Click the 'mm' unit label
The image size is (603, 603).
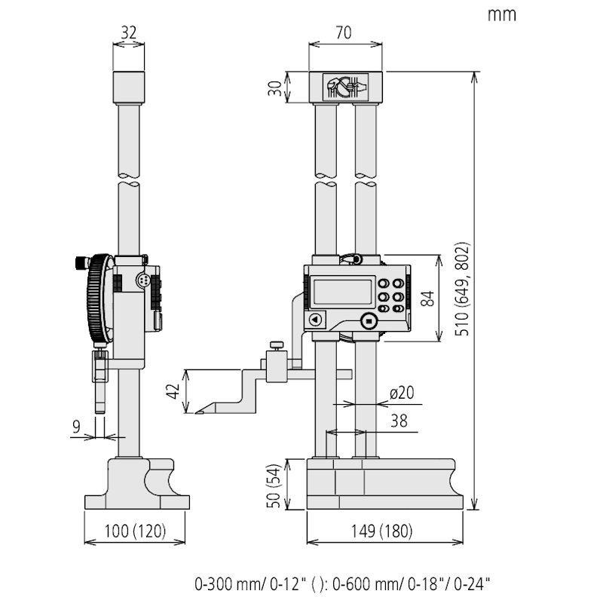point(501,14)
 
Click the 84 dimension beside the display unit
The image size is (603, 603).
point(427,298)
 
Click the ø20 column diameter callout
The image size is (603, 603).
point(403,393)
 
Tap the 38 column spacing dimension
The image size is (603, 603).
point(399,421)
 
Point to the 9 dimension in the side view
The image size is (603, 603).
point(76,427)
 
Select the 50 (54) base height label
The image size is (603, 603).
point(277,486)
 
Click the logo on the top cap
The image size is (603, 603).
point(346,87)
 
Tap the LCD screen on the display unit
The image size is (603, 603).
point(342,292)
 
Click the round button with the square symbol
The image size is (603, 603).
point(368,320)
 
